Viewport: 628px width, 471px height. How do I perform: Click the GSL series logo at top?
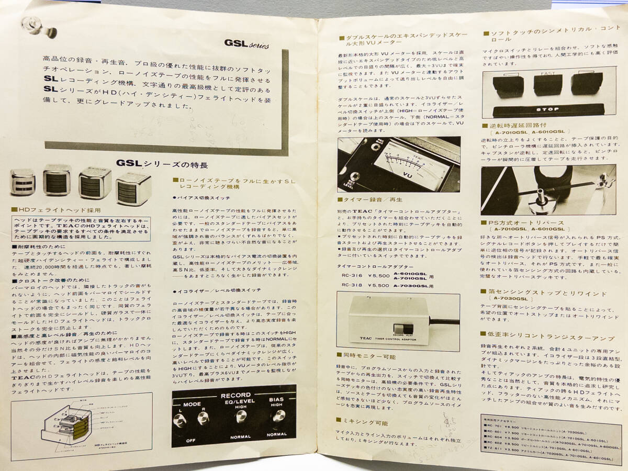(246, 44)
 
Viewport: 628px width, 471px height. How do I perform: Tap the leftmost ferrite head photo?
(23, 182)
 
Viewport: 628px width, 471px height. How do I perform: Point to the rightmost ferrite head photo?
(133, 188)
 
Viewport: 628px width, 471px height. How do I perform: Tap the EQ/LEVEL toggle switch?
(240, 417)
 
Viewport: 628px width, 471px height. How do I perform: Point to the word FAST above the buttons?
(548, 74)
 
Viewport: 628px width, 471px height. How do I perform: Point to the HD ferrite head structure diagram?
(65, 424)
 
